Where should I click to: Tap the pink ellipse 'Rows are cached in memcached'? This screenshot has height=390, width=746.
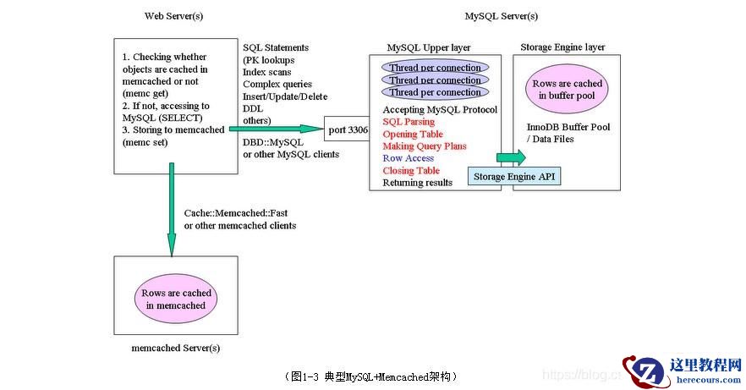175,299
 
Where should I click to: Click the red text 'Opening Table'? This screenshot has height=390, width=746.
413,134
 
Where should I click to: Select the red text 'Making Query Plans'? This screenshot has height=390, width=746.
425,146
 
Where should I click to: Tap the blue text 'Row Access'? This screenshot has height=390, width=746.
408,158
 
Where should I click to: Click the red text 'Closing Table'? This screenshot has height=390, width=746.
411,171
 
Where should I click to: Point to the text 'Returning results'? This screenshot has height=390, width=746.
417,183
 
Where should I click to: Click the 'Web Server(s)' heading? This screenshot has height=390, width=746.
173,16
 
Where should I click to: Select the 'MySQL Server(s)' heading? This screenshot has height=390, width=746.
501,16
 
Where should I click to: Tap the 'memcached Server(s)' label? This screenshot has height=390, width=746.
176,348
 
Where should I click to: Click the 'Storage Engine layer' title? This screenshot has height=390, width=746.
562,47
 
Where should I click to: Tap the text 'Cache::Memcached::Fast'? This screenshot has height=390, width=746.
232,213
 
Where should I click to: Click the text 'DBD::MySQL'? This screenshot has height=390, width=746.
272,142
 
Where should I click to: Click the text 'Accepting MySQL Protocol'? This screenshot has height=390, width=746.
440,110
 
